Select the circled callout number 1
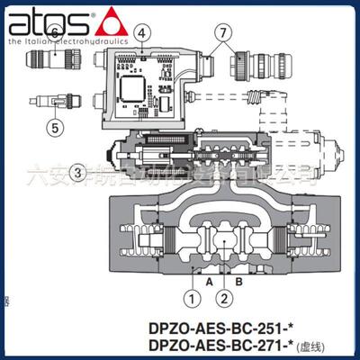tap(190, 293)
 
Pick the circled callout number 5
tap(56, 128)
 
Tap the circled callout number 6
tap(56, 34)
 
